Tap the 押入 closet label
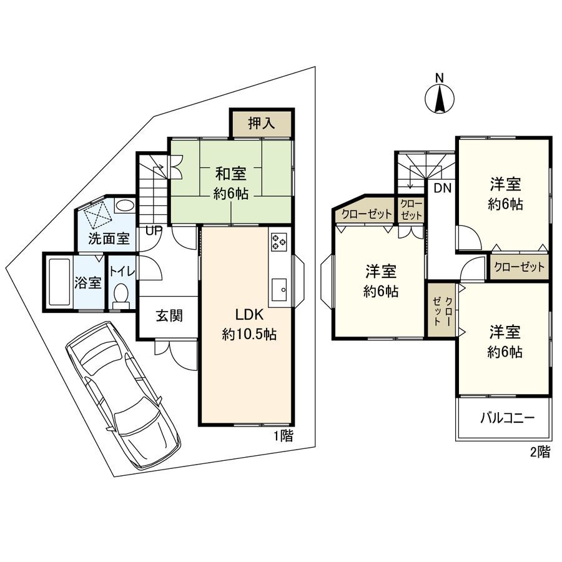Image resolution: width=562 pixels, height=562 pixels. [x=261, y=123]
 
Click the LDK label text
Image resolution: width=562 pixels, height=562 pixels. [x=249, y=314]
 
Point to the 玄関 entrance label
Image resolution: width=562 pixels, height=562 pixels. [x=169, y=316]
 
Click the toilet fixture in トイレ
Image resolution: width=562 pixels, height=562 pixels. [x=121, y=293]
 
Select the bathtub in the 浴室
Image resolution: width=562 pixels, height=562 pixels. [x=60, y=282]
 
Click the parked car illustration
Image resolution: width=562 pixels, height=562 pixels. [x=122, y=393]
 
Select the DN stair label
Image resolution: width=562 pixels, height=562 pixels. [x=443, y=188]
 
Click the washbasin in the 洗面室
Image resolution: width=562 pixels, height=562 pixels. [x=124, y=205]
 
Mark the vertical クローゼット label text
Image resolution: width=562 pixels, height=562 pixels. [x=442, y=310]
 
